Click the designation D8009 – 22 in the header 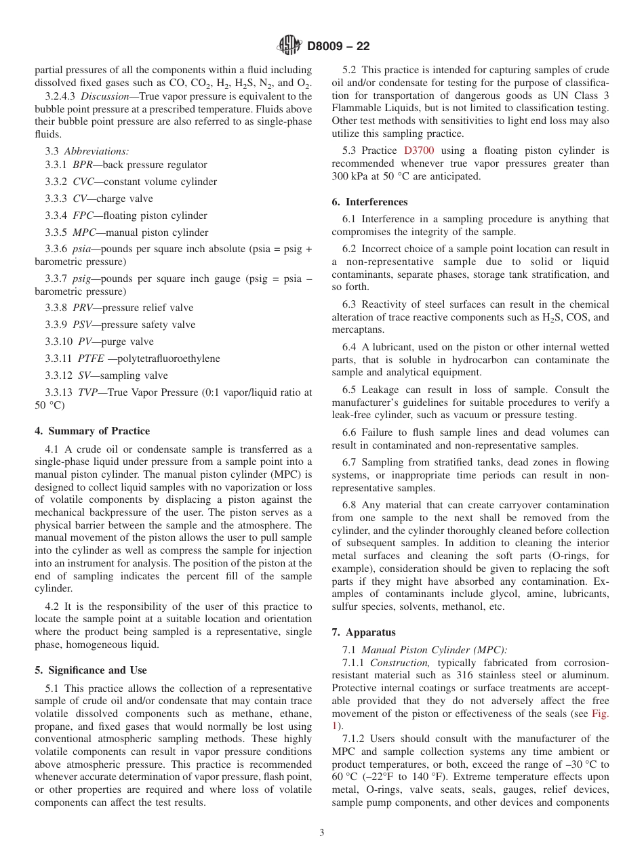point(338,47)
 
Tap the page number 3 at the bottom point(322,833)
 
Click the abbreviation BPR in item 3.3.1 point(83,165)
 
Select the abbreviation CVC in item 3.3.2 point(83,182)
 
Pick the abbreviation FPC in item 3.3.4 point(83,215)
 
